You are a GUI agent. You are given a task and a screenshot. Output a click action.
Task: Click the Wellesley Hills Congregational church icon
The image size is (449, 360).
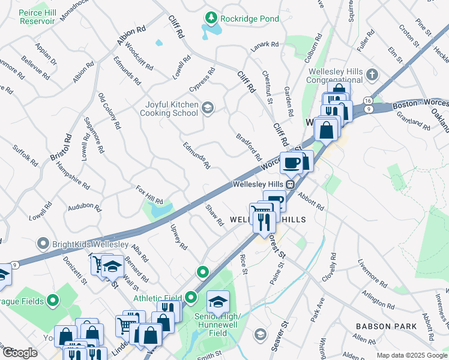coord(372,75)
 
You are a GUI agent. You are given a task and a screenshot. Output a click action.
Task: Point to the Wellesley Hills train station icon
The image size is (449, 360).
coord(289,184)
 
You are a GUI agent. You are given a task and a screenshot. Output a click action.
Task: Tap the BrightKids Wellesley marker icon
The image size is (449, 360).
coord(43,244)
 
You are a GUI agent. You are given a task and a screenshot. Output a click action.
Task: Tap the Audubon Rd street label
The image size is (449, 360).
coord(85,206)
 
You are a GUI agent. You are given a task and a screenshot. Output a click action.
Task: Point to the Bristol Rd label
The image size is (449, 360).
coord(61,146)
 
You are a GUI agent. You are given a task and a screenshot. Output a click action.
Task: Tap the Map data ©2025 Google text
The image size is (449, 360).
coord(412,355)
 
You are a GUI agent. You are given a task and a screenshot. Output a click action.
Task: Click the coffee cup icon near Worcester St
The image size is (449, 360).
coord(292,163)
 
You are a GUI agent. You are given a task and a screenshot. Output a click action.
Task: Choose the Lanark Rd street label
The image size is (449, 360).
coord(265,44)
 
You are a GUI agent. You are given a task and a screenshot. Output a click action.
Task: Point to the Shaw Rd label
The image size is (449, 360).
coord(214,215)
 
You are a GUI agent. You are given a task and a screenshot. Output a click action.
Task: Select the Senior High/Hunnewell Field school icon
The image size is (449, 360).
coord(218,301)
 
